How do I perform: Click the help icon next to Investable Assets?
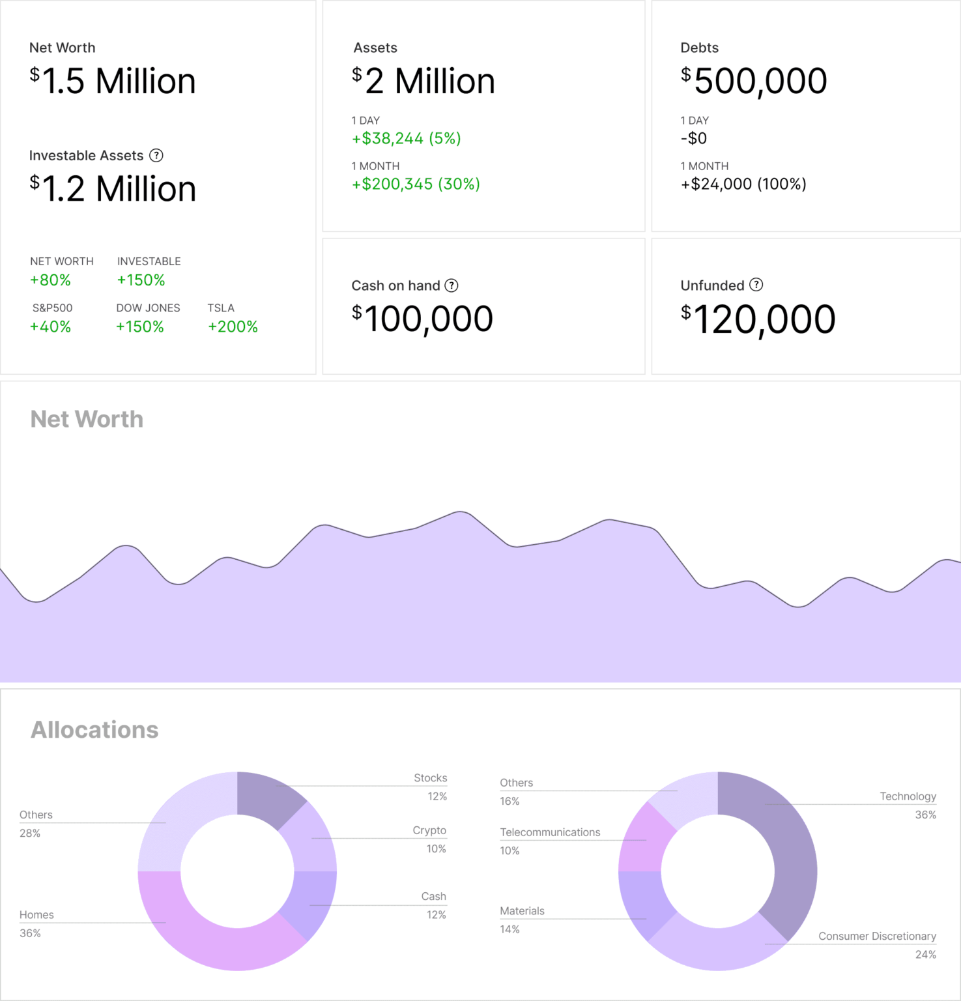click(x=156, y=155)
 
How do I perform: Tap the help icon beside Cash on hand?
click(x=452, y=285)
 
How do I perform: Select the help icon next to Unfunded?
click(x=756, y=285)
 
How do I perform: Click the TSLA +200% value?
click(x=233, y=326)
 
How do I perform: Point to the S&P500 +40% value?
click(x=50, y=326)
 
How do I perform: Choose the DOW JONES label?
click(x=148, y=308)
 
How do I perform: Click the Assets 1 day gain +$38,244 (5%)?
click(x=406, y=138)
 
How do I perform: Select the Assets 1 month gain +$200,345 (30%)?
click(x=416, y=184)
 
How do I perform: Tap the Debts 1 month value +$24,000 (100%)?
click(x=743, y=184)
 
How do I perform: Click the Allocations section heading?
click(x=94, y=729)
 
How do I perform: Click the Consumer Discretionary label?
click(x=877, y=936)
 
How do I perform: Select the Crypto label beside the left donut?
click(x=429, y=830)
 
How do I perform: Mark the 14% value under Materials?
click(x=509, y=929)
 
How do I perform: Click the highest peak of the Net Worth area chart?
click(x=461, y=513)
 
